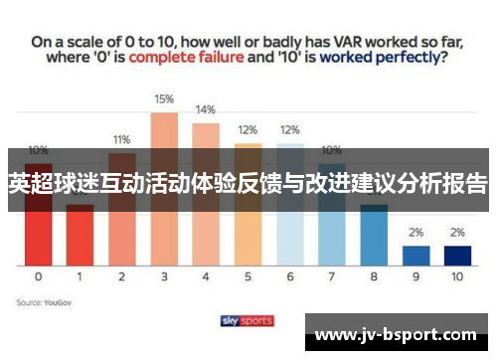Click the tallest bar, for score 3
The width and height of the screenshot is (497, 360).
point(164,189)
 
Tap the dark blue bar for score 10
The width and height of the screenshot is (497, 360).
point(457,255)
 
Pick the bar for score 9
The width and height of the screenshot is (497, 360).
point(415,255)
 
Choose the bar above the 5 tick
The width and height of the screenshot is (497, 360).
point(248,209)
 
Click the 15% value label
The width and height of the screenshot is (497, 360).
point(164,99)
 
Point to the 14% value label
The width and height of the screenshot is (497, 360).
point(206,110)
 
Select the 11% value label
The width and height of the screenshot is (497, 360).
point(121,139)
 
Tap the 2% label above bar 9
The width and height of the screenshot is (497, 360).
point(415,233)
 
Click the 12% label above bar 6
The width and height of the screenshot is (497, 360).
point(289,130)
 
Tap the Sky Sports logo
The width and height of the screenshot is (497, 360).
point(248,320)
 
